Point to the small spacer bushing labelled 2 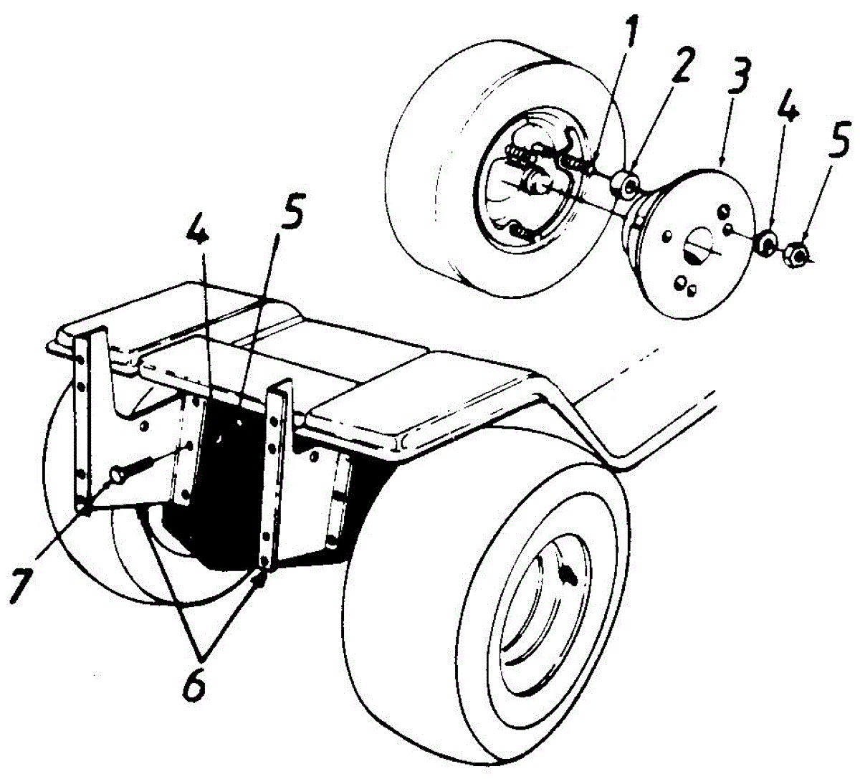tap(625, 184)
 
